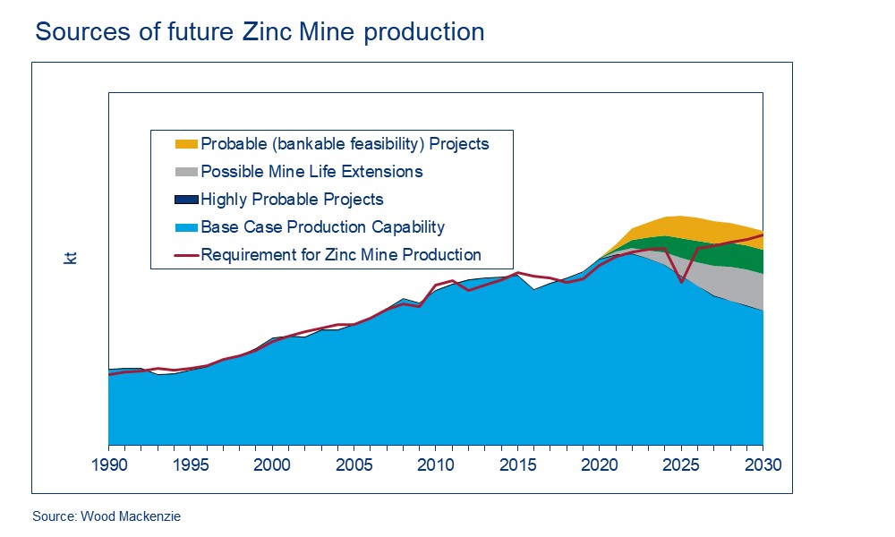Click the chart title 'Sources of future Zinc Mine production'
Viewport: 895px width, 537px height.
point(260,32)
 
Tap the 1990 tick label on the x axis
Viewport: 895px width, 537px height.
point(108,465)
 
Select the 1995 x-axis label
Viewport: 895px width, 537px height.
point(190,465)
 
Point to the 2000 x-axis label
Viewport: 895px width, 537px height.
point(271,465)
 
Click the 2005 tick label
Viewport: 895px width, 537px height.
point(354,465)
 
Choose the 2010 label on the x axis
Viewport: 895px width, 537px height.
point(435,465)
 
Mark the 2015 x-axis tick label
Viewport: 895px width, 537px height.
point(516,465)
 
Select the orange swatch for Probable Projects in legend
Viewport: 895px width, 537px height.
point(186,144)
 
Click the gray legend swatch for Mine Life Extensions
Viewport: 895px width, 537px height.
point(186,172)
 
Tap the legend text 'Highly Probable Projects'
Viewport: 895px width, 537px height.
point(292,200)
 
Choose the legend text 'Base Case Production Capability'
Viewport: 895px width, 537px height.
point(322,227)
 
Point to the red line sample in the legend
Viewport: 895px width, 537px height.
point(186,255)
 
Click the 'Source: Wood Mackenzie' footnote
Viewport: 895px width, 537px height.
point(107,516)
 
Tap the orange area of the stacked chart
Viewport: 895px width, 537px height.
point(680,226)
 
